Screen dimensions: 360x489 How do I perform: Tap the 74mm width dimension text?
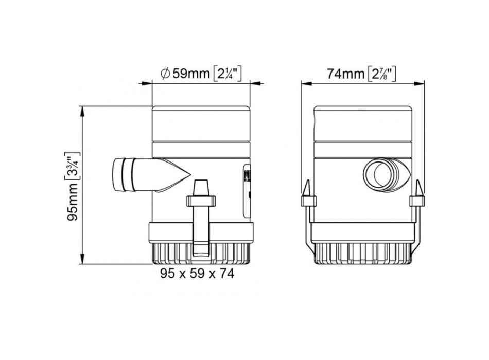tap(345, 74)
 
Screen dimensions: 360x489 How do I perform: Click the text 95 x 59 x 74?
tap(196, 274)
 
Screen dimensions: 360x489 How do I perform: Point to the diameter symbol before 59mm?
tap(166, 74)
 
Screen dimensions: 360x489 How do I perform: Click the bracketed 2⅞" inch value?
tap(382, 74)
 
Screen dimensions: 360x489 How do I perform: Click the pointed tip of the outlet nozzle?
tap(186, 175)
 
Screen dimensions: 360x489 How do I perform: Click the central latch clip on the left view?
tap(200, 216)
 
